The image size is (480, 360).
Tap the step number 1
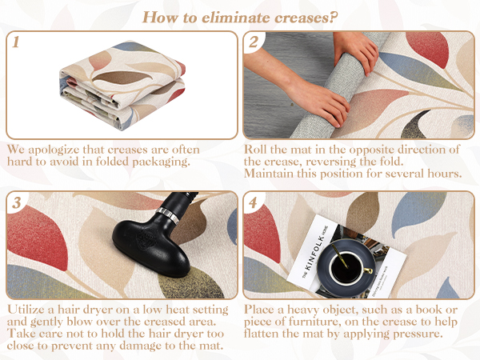click(16, 42)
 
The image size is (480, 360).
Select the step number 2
click(253, 42)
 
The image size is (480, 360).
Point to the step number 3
click(16, 202)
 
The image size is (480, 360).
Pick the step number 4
click(253, 202)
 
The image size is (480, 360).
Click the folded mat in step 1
click(122, 85)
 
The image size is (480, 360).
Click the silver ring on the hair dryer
click(167, 214)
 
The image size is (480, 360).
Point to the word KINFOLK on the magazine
click(314, 252)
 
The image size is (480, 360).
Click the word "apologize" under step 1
click(54, 150)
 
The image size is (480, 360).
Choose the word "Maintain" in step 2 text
click(266, 174)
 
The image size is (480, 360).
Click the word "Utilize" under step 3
click(26, 310)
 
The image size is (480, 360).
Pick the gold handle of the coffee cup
click(367, 270)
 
